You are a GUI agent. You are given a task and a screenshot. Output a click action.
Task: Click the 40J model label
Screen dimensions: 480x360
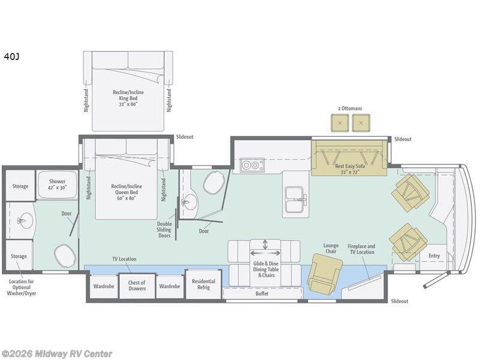11,56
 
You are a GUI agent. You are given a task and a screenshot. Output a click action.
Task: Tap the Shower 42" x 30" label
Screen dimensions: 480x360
57,185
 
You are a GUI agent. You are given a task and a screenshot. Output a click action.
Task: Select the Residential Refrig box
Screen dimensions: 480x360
203,284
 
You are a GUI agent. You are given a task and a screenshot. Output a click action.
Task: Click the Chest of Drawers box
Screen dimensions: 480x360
137,286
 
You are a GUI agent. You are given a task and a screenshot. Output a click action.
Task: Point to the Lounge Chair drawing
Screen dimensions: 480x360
325,274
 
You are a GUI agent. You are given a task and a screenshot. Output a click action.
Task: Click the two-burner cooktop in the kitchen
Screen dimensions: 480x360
252,166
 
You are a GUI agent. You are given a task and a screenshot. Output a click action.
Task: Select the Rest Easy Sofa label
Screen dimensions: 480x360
350,169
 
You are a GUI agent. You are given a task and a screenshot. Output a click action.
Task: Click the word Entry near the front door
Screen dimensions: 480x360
434,256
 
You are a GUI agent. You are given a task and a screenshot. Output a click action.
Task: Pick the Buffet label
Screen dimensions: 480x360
262,293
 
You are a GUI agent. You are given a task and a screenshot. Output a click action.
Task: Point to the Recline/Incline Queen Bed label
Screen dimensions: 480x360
127,192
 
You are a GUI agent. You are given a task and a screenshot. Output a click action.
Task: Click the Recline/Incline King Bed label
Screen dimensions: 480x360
128,98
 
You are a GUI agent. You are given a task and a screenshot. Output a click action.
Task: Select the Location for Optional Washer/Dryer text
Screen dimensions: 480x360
22,287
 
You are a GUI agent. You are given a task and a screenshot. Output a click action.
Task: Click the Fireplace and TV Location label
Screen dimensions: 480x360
361,249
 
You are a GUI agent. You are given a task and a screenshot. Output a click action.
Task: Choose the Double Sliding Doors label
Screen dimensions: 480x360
164,230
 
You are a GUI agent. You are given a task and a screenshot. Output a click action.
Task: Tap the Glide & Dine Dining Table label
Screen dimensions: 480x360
266,269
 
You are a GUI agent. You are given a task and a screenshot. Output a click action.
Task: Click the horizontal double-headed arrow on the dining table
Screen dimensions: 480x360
265,253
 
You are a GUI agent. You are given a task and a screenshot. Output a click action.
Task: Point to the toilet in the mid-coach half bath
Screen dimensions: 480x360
214,182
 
